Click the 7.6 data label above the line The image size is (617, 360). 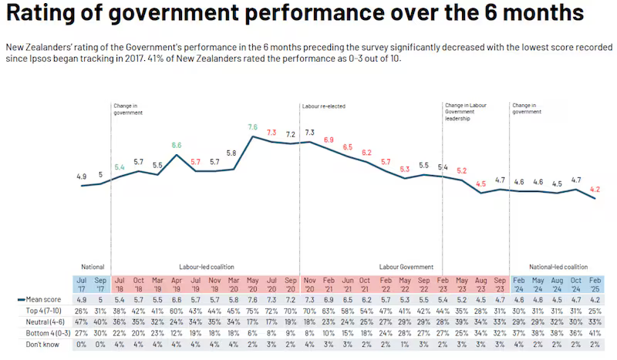pos(252,126)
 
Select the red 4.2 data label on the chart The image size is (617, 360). pos(595,188)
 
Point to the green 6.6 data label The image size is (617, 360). pos(177,145)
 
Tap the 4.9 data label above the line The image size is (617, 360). pos(82,177)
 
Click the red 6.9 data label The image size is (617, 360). pos(329,140)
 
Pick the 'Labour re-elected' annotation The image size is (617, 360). pos(322,105)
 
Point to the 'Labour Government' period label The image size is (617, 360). pos(405,266)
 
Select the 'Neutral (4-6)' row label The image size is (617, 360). pos(40,320)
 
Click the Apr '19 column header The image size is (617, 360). pos(177,283)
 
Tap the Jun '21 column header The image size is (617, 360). pos(347,283)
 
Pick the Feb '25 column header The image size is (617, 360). pos(595,283)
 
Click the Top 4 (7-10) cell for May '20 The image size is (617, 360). pos(252,309)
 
